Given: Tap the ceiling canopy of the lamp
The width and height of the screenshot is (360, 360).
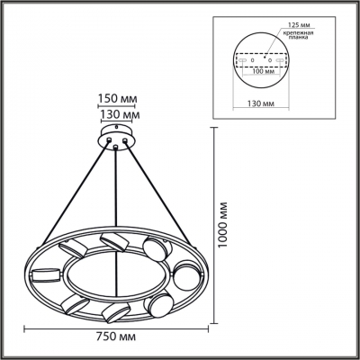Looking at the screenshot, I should [114, 138].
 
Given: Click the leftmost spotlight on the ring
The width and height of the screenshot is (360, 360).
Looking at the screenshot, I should [45, 271].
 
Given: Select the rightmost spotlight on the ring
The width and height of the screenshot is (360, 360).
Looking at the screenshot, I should [186, 273].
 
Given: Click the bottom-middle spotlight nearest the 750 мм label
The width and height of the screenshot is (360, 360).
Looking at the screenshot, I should [113, 311].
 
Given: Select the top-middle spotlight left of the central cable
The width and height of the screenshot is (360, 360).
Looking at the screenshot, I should [112, 239].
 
